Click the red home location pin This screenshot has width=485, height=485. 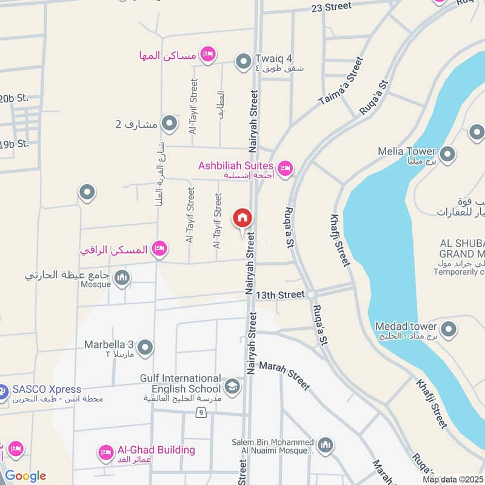242,218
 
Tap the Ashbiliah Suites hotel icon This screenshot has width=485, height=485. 285,168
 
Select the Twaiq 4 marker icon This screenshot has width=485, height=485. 244,62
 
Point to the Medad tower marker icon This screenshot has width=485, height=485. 449,329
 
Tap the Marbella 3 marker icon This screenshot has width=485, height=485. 145,348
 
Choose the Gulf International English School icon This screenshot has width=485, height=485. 232,386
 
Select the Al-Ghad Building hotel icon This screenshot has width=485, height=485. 106,452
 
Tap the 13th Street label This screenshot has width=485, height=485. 279,295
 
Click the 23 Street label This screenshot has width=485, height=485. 331,7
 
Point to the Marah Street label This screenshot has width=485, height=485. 284,376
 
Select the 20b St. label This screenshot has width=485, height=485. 14,98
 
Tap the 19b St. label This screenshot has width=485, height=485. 14,144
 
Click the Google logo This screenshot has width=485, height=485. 25,476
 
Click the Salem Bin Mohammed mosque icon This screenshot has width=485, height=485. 326,446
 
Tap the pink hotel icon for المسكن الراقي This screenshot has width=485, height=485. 159,248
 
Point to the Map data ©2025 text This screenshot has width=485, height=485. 453,480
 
